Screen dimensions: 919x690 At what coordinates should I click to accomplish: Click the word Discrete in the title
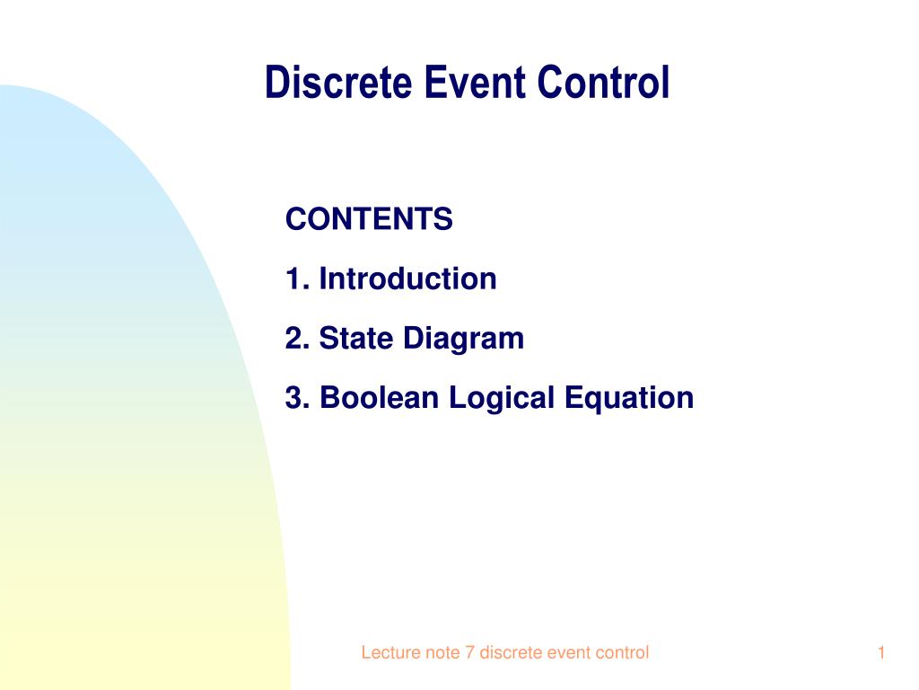click(338, 82)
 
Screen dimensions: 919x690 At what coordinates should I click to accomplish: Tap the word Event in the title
click(474, 82)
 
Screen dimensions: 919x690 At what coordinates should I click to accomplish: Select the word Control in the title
click(603, 82)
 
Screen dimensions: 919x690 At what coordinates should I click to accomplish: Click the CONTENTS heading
click(369, 219)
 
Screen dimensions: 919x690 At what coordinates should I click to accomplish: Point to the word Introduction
click(407, 279)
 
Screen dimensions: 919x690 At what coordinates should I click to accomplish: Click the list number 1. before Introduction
click(297, 279)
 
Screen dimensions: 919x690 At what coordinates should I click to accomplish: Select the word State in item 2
click(355, 338)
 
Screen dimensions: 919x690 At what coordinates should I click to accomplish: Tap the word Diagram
click(463, 340)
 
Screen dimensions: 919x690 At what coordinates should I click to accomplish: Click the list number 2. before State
click(297, 338)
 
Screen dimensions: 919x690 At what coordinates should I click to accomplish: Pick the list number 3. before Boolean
click(297, 397)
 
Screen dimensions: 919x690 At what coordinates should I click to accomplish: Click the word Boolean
click(379, 397)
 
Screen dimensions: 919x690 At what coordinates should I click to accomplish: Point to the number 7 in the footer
click(469, 652)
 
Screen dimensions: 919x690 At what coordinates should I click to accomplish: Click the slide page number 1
click(881, 652)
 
